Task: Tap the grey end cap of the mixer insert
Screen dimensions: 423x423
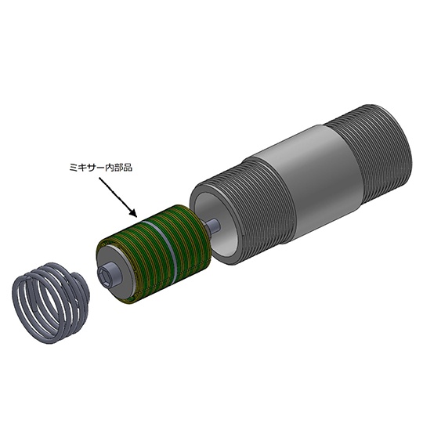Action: [x=114, y=273]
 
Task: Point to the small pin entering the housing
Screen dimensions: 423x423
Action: [x=212, y=225]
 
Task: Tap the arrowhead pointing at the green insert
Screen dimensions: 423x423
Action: [x=133, y=213]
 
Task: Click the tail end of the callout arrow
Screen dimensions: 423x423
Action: [x=99, y=177]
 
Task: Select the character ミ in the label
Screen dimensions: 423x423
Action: [x=74, y=168]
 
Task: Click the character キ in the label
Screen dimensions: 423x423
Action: [x=82, y=168]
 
